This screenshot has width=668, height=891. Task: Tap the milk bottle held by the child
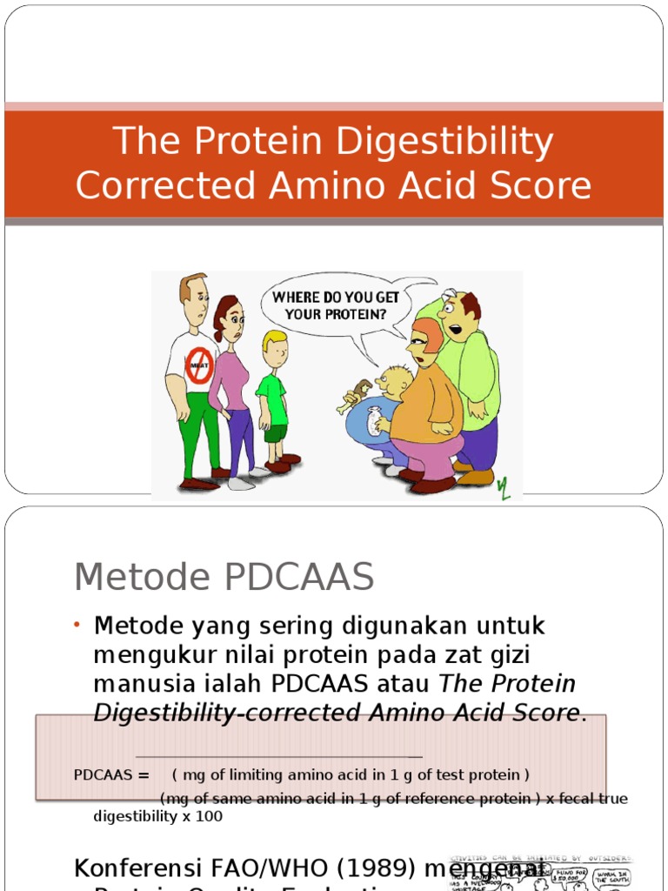tap(375, 421)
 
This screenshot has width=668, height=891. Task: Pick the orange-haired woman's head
tap(424, 342)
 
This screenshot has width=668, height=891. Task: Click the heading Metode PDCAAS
tap(224, 577)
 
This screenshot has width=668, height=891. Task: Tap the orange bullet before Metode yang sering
tap(77, 626)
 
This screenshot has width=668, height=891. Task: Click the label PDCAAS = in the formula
tap(112, 774)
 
